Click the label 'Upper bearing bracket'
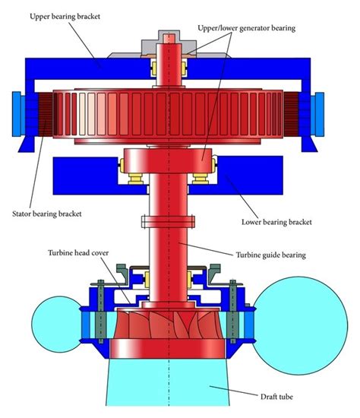coord(65,17)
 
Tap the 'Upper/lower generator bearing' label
coord(247,28)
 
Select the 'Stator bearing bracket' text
coord(47,214)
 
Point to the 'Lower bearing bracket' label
coord(276,222)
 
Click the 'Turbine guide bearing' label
coord(270,255)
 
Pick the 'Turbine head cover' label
coord(78,253)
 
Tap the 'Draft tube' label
coord(276,397)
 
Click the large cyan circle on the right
coord(300,326)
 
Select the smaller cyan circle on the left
coord(57,325)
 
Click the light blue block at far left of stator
coord(17,114)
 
